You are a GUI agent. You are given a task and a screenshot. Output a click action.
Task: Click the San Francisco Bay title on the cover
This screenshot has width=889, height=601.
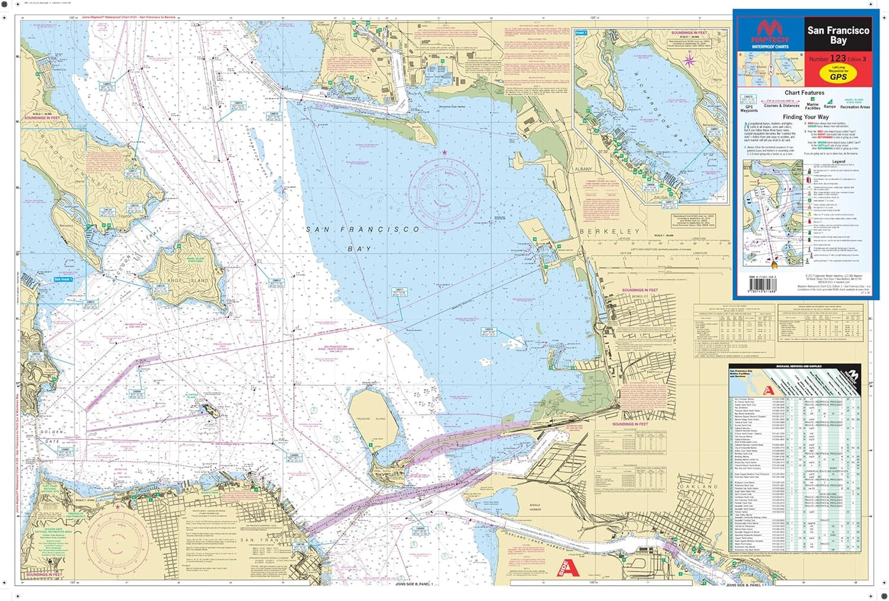838,35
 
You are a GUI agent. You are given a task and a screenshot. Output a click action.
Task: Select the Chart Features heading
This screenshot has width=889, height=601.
804,93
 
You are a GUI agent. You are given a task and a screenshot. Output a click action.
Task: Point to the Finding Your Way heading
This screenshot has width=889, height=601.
805,117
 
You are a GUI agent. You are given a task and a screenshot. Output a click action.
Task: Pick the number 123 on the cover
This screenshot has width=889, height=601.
838,58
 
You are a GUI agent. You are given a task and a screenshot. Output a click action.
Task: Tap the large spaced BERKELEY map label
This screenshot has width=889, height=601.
609,232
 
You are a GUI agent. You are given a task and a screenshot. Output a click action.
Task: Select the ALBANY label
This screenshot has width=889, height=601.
583,169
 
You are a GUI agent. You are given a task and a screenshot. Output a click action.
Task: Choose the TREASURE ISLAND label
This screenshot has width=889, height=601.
370,419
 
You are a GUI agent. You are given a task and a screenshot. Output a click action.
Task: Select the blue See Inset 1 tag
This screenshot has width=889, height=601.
63,279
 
